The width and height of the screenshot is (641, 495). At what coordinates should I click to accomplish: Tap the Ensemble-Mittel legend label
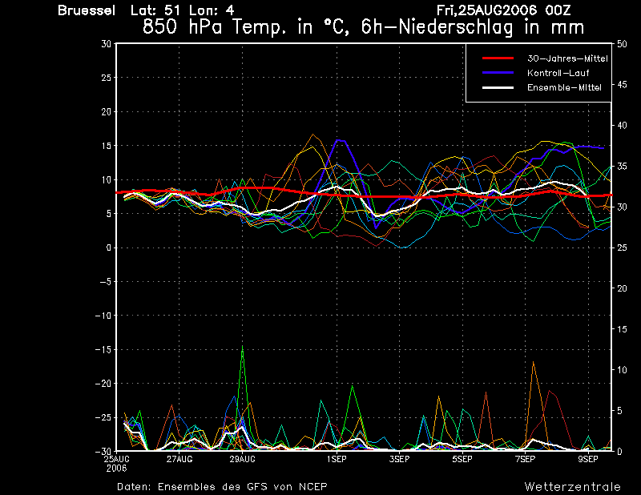tap(564, 87)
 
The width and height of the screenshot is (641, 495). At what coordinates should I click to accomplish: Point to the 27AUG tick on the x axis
tap(179, 459)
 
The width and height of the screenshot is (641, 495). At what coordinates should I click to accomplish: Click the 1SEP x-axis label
tap(336, 459)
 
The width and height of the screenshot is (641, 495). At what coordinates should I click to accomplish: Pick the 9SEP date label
tap(588, 459)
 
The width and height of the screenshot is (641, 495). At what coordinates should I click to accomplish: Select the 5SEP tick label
tap(462, 459)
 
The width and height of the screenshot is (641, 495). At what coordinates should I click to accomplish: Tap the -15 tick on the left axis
tap(104, 350)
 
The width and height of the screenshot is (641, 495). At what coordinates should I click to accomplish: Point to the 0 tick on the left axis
tap(109, 248)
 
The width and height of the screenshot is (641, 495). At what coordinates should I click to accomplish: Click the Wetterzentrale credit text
tap(572, 486)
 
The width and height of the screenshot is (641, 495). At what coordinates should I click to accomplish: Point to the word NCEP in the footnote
tap(311, 486)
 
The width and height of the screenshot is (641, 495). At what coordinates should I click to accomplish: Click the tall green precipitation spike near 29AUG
tap(242, 346)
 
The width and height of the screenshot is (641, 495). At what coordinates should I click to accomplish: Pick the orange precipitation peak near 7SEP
tap(533, 362)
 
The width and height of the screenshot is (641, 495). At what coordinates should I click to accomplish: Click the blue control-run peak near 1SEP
tap(339, 139)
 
